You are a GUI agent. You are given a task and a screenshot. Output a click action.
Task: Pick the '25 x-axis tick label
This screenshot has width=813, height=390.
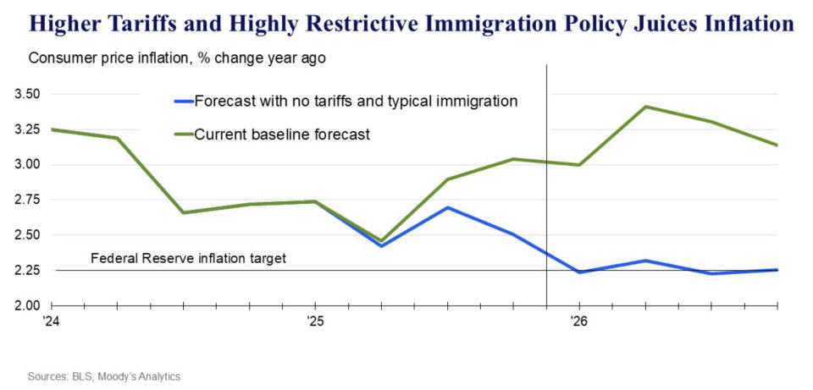pyautogui.click(x=314, y=321)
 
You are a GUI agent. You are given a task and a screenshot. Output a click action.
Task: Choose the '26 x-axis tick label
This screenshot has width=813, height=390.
pyautogui.click(x=578, y=321)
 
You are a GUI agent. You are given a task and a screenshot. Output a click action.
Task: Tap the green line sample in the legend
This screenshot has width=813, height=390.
pyautogui.click(x=182, y=134)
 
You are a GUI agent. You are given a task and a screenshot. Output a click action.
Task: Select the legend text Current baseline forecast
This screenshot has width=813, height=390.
pyautogui.click(x=282, y=134)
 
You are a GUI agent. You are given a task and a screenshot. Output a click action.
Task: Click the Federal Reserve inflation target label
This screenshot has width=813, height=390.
pyautogui.click(x=188, y=258)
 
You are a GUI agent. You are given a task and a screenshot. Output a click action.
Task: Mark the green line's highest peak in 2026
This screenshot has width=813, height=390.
pyautogui.click(x=645, y=107)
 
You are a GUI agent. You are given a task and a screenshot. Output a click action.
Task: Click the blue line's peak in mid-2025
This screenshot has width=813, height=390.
pyautogui.click(x=447, y=207)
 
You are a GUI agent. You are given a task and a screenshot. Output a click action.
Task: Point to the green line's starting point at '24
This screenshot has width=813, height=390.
pyautogui.click(x=53, y=129)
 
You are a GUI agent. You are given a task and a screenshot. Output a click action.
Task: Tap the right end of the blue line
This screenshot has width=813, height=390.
pyautogui.click(x=777, y=270)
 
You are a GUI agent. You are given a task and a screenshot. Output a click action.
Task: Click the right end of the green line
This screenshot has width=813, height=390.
pyautogui.click(x=777, y=146)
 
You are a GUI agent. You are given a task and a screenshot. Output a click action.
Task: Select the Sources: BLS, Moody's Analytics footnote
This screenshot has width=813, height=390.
pyautogui.click(x=105, y=376)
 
